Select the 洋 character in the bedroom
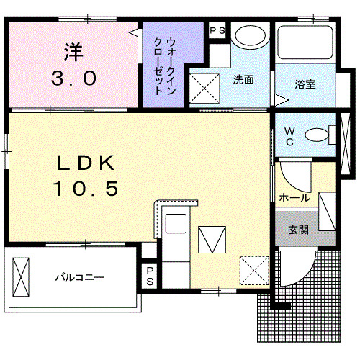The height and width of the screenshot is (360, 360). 73,53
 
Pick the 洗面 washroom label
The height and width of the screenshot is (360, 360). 243,80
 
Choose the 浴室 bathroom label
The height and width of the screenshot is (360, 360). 305,84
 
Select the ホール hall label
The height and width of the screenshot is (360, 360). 294,197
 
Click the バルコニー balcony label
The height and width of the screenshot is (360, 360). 79,277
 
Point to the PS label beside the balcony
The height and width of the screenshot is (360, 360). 150,276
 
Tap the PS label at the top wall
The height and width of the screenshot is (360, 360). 216,30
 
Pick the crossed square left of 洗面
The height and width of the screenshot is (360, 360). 204,85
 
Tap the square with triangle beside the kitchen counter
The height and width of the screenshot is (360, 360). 211,238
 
